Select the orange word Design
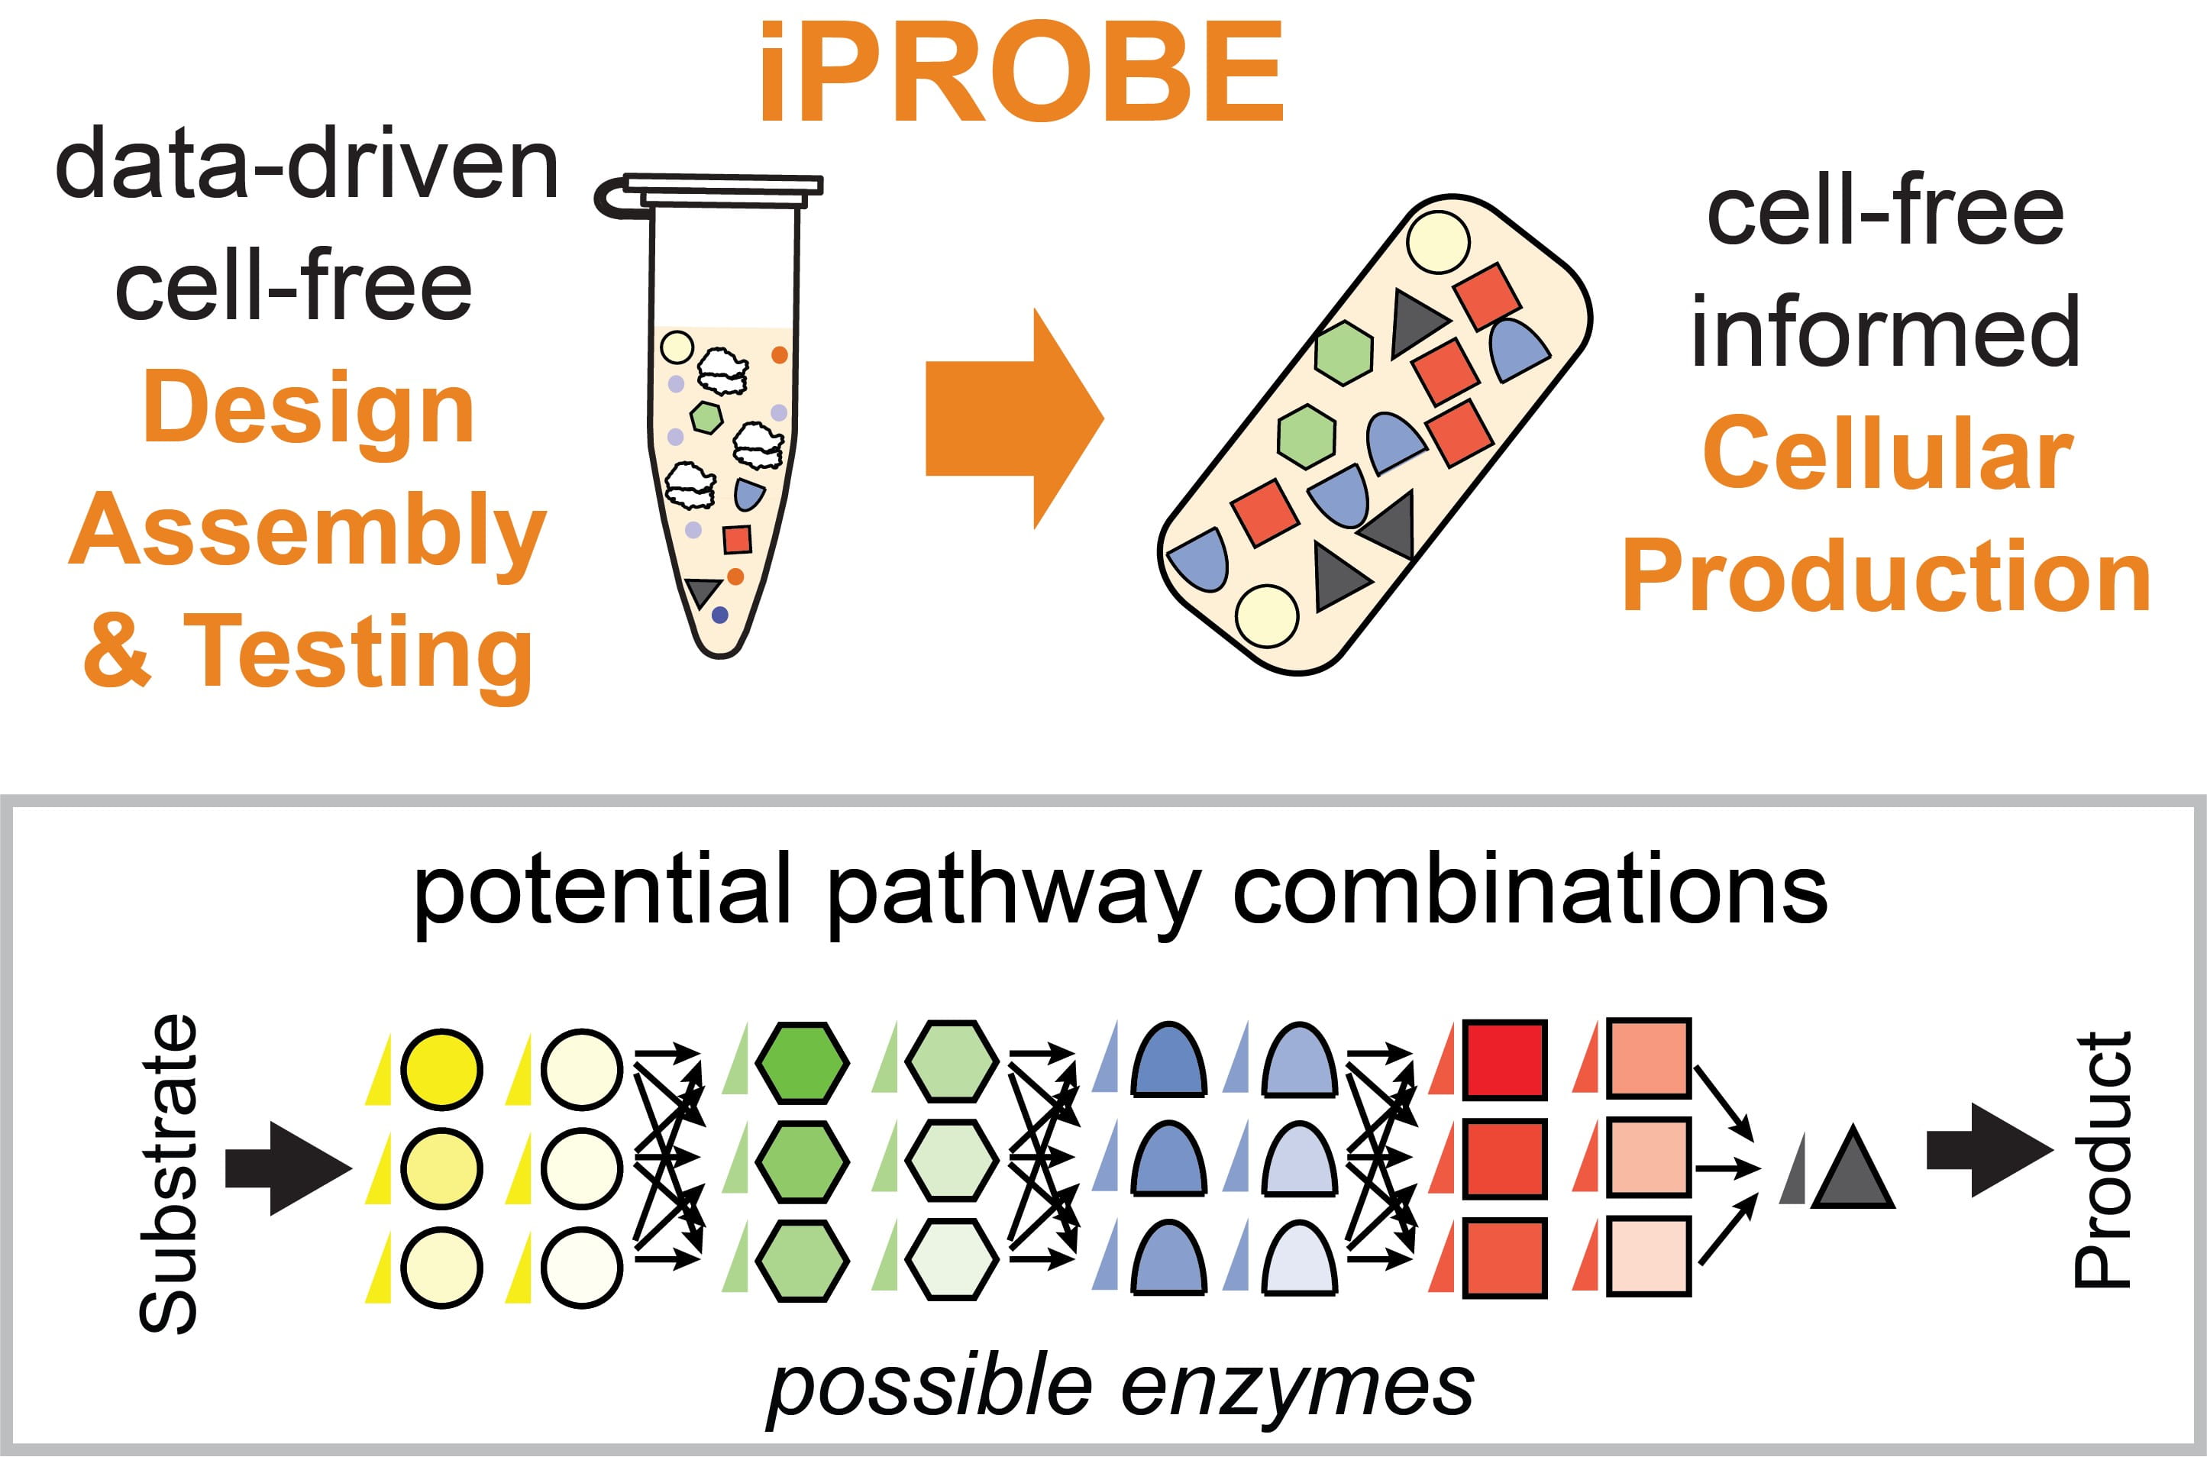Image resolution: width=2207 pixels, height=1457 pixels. tap(309, 409)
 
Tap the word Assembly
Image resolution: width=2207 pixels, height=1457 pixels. tap(307, 531)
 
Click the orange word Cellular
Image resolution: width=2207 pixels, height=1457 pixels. tap(1887, 454)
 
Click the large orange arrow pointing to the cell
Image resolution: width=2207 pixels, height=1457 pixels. tap(1013, 418)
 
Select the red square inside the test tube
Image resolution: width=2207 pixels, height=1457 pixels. tap(737, 539)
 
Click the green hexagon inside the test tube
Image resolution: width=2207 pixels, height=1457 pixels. tap(707, 416)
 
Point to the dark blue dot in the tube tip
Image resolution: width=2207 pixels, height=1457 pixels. tap(719, 614)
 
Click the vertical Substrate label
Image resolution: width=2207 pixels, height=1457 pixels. tap(169, 1174)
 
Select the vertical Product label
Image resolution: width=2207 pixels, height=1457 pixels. tap(2102, 1161)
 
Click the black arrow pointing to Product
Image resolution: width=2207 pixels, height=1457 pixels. tap(1989, 1150)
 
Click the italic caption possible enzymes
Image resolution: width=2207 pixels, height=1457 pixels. tap(1120, 1387)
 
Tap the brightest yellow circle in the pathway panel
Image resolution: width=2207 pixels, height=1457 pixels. tap(442, 1068)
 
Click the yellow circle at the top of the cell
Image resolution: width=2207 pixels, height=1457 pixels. tap(1437, 241)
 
